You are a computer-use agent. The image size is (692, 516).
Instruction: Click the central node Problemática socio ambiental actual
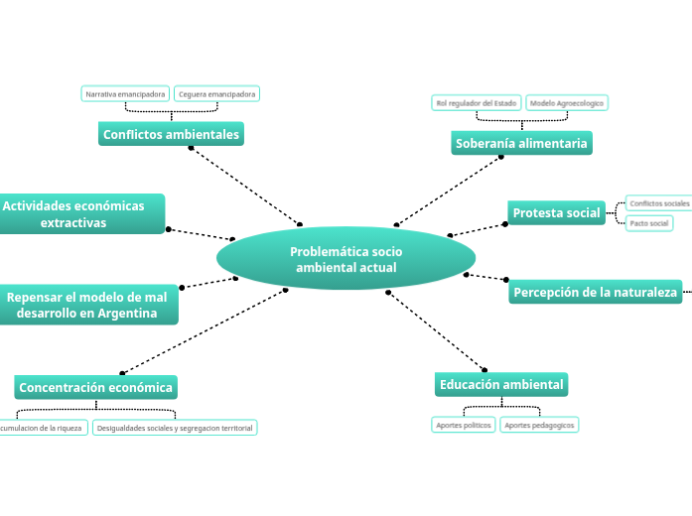346,259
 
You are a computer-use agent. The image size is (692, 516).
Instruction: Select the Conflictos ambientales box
171,134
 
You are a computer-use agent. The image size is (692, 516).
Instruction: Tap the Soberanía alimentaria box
521,144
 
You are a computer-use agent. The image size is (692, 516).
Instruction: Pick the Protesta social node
556,212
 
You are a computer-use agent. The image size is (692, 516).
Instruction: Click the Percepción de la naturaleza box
595,292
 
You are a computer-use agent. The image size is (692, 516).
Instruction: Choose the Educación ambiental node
501,384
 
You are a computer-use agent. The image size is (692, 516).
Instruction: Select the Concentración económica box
95,387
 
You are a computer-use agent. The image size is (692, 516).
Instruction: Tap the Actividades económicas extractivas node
79,214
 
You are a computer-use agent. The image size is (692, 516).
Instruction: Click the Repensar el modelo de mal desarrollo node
87,305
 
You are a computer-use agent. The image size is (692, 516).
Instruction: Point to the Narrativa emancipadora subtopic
125,94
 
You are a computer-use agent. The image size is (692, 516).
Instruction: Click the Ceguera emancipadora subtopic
216,94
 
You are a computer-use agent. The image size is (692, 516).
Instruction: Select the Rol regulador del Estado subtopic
476,102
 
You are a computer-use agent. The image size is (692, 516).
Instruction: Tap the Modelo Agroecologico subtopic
566,102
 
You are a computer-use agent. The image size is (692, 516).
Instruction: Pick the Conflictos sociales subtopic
658,202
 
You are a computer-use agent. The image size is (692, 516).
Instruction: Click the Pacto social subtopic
649,223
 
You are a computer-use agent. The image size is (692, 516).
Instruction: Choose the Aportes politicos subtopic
463,425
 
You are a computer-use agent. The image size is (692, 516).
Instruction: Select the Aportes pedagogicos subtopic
538,425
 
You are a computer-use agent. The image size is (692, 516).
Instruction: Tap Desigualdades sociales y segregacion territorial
175,428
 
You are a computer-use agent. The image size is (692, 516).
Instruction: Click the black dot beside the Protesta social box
504,224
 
